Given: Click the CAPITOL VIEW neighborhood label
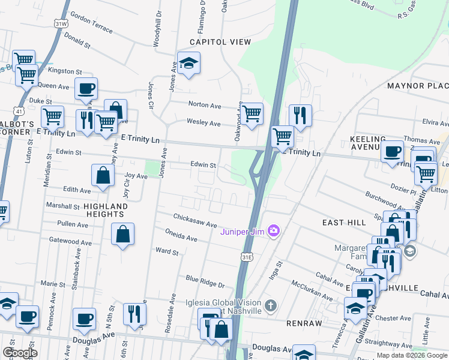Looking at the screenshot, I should point(220,41).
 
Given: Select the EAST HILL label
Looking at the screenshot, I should point(344,222).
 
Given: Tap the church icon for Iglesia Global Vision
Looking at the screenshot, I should point(271,307).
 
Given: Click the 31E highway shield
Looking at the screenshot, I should point(247,257).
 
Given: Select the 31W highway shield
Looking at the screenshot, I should point(61,23).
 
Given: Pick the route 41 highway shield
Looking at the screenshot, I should point(20,111).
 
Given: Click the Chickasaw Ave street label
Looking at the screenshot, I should point(195,220).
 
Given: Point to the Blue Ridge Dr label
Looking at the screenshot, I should point(205,281).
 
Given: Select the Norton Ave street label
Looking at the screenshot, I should point(205,104).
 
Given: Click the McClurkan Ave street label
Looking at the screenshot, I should point(312,290).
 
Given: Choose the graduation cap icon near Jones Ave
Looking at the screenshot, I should point(188,64).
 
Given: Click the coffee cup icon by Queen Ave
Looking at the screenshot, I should point(86,89).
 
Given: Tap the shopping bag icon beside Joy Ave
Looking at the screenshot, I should point(103,176).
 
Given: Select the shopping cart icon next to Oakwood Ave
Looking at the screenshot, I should point(252,112).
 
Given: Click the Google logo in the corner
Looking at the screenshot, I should point(20,353).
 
